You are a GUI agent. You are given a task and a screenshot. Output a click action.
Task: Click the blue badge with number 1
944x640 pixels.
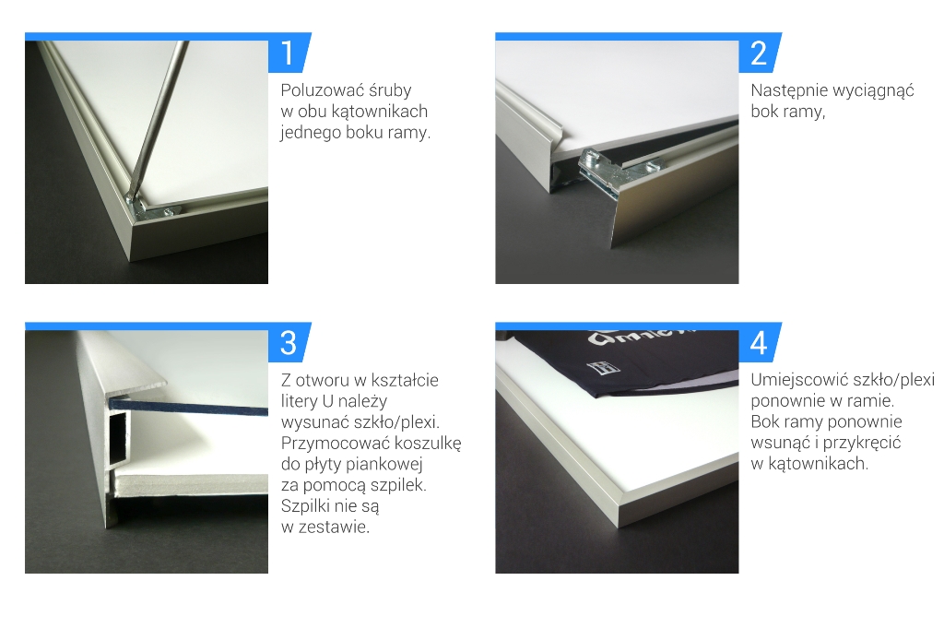[x=289, y=53]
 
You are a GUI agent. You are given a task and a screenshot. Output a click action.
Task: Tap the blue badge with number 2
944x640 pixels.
[x=760, y=53]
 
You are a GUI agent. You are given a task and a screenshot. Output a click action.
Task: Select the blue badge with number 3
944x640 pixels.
[x=289, y=342]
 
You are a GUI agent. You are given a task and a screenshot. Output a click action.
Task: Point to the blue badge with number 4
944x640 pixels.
[x=760, y=342]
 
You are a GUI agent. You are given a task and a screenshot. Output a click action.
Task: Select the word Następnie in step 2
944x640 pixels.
[x=789, y=91]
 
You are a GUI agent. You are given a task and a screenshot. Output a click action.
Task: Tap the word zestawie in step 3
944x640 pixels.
[x=334, y=527]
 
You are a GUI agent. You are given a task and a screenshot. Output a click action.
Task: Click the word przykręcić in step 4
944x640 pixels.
[x=862, y=444]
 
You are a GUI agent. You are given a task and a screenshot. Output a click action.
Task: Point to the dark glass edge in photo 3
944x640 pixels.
[x=188, y=407]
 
